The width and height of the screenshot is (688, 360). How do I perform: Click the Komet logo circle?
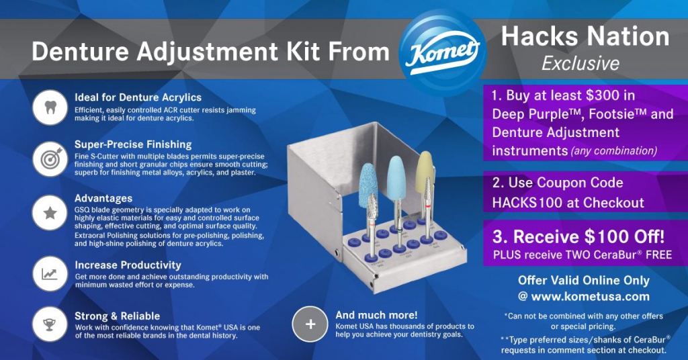[442, 52]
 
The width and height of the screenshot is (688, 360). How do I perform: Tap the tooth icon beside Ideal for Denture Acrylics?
[50, 107]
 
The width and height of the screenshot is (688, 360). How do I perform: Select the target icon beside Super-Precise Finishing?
[50, 159]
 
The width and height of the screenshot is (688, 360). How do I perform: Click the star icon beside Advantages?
[50, 213]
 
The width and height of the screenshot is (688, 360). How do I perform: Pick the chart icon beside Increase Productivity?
[50, 274]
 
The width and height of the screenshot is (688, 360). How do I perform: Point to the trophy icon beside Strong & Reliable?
[50, 324]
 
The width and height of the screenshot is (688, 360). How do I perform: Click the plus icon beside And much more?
[310, 324]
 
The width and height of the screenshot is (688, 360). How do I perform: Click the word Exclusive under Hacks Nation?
[580, 64]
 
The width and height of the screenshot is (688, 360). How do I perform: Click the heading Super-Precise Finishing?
[133, 144]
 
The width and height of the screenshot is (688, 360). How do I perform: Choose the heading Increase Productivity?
[128, 265]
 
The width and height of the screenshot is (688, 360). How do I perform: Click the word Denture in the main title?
[81, 52]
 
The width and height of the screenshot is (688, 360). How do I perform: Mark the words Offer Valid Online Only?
[584, 281]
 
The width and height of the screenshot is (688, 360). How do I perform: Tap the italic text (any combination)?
[614, 151]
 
